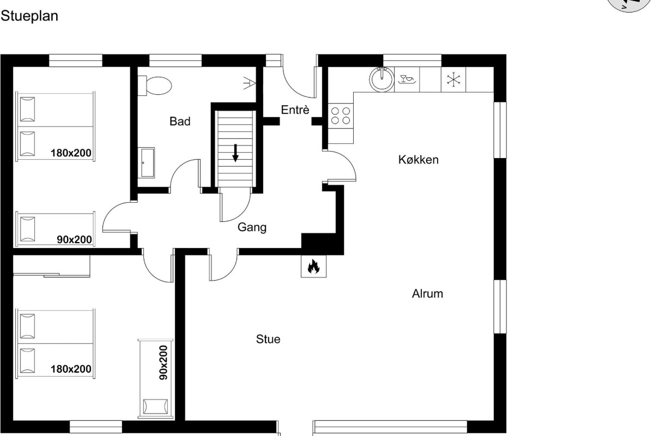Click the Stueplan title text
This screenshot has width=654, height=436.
pyautogui.click(x=29, y=16)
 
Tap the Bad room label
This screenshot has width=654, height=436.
pyautogui.click(x=180, y=121)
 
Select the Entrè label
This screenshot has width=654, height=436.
pyautogui.click(x=295, y=110)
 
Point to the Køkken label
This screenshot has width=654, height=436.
pyautogui.click(x=419, y=160)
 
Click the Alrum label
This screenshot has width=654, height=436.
pyautogui.click(x=427, y=294)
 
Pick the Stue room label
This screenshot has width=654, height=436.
pyautogui.click(x=268, y=339)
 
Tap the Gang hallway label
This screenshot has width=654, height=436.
pyautogui.click(x=252, y=227)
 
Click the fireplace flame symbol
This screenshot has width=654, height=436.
pyautogui.click(x=313, y=267)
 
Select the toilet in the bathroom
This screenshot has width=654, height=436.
pyautogui.click(x=155, y=86)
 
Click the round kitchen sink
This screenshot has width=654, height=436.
pyautogui.click(x=382, y=80)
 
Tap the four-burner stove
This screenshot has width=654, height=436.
pyautogui.click(x=341, y=116)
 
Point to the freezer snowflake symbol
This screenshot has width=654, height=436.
pyautogui.click(x=453, y=80)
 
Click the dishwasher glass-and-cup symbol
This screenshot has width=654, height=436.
pyautogui.click(x=407, y=79)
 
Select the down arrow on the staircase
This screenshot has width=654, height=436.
pyautogui.click(x=235, y=153)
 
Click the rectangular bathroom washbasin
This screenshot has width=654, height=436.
pyautogui.click(x=146, y=162)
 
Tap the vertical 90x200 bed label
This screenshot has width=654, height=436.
pyautogui.click(x=163, y=362)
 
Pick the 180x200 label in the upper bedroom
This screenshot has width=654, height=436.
pyautogui.click(x=71, y=153)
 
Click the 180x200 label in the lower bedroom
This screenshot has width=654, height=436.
pyautogui.click(x=71, y=369)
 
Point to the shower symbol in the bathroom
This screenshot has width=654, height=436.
pyautogui.click(x=250, y=83)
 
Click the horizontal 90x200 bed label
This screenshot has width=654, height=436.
pyautogui.click(x=75, y=239)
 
